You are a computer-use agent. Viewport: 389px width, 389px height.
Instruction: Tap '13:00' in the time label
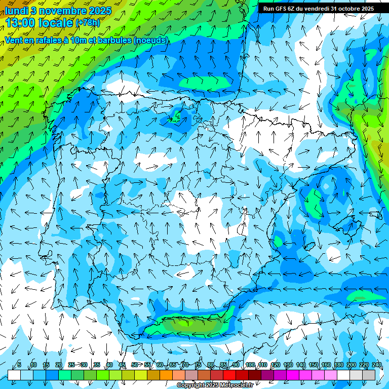[21, 23]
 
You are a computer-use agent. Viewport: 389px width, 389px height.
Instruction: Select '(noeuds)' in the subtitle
[151, 40]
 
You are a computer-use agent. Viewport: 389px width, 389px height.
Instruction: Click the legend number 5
[19, 365]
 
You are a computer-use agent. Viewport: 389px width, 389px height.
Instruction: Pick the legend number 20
[59, 365]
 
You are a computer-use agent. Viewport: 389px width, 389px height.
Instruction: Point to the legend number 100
[250, 365]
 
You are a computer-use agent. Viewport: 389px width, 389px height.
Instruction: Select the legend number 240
[376, 365]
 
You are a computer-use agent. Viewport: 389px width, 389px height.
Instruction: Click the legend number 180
[338, 365]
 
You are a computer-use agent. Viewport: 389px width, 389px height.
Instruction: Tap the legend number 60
[160, 365]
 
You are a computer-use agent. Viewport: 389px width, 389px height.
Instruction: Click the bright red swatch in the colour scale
[229, 375]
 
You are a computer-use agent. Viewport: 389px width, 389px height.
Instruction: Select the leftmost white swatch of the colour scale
[14, 375]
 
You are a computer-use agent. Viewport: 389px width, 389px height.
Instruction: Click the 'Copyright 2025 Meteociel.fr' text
[215, 385]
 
